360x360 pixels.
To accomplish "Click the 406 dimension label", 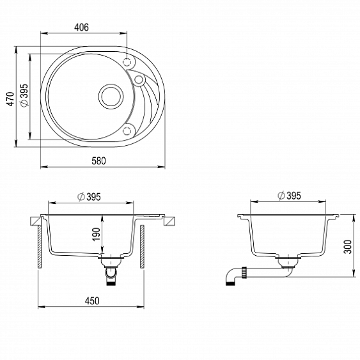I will pyautogui.click(x=81, y=27).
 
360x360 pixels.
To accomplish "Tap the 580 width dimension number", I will pyautogui.click(x=98, y=160).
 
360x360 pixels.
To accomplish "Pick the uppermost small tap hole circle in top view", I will pyautogui.click(x=127, y=63).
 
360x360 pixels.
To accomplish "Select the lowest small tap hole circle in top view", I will pyautogui.click(x=127, y=130).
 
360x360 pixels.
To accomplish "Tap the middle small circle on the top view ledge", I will pyautogui.click(x=138, y=79).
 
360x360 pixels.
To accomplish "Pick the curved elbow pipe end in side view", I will pyautogui.click(x=229, y=278).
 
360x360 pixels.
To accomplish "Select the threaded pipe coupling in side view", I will pyautogui.click(x=244, y=272).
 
